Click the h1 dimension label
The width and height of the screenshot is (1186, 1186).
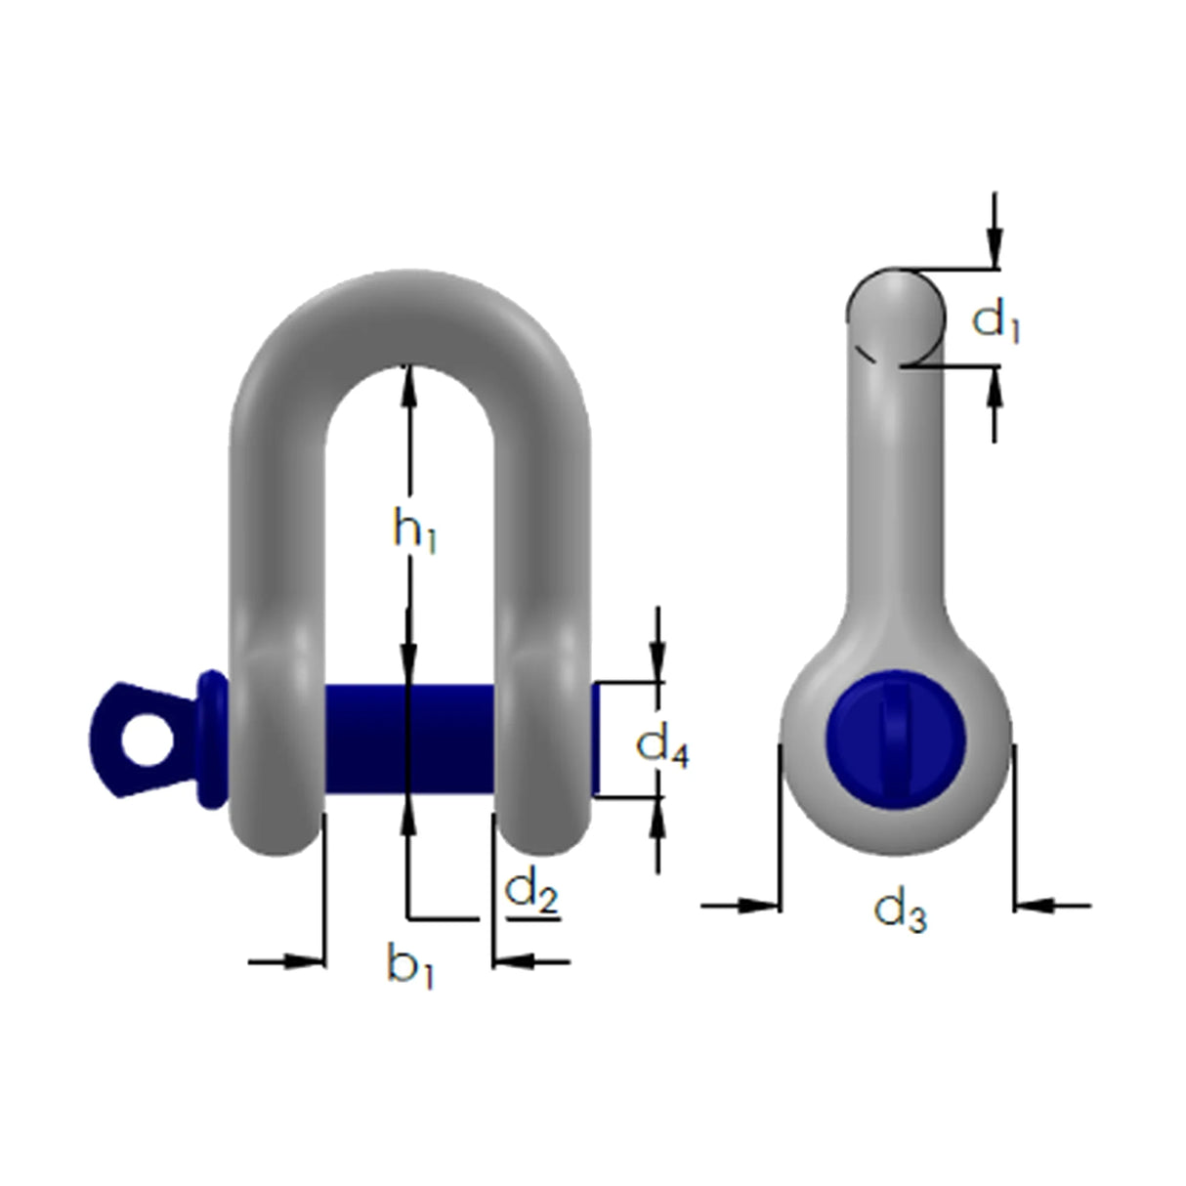pos(414,530)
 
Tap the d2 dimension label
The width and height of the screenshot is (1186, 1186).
pos(530,892)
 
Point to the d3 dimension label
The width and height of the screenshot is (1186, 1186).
pos(900,911)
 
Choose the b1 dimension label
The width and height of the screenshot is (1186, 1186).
pos(410,967)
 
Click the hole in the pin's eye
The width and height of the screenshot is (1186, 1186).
pos(147,740)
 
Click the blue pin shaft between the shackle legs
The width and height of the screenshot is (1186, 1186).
pos(409,740)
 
